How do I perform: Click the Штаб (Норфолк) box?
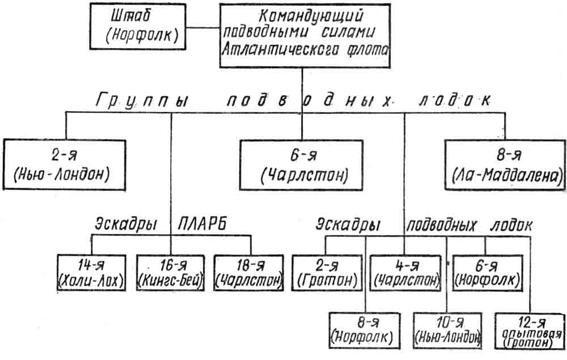point(138,27)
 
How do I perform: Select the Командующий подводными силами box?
point(305,35)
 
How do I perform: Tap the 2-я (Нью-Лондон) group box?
point(65,164)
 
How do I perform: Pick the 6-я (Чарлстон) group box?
point(302,165)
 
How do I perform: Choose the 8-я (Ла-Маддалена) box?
point(505,165)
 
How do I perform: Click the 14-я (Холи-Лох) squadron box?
point(91,273)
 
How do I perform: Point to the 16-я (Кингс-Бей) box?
point(170,273)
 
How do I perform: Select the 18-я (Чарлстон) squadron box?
point(249,273)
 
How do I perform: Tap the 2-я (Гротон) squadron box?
point(327,273)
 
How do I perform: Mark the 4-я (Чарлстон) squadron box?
point(406,273)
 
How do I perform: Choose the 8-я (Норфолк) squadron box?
point(365,331)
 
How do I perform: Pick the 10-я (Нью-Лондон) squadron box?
point(448,331)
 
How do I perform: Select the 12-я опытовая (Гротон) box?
point(530,331)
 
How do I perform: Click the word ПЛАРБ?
point(202,225)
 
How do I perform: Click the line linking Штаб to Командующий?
point(203,27)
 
